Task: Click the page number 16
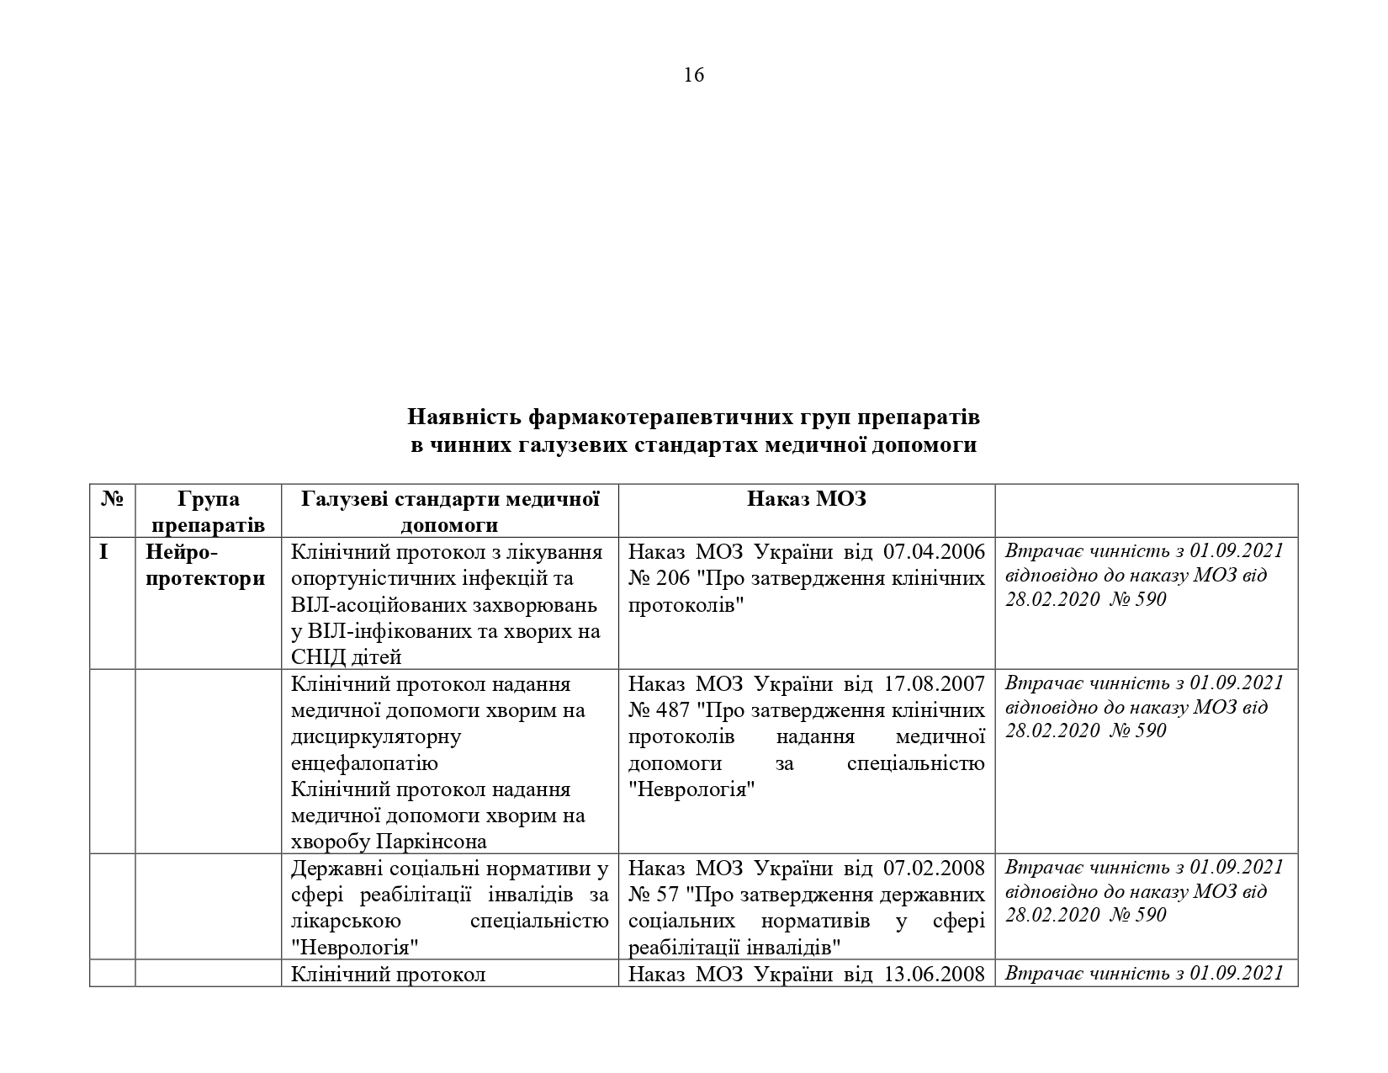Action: point(694,76)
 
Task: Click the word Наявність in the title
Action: point(462,417)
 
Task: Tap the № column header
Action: point(112,500)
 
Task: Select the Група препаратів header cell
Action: point(209,512)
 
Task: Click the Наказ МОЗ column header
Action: point(806,499)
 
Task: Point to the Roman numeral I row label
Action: point(103,553)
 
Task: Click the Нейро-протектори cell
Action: point(204,566)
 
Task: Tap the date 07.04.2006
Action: point(934,552)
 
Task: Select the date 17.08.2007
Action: point(934,683)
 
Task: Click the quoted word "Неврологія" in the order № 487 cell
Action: point(691,790)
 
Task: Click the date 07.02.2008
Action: point(934,868)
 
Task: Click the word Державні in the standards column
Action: point(336,868)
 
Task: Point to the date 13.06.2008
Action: point(934,975)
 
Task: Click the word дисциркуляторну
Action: point(376,737)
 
